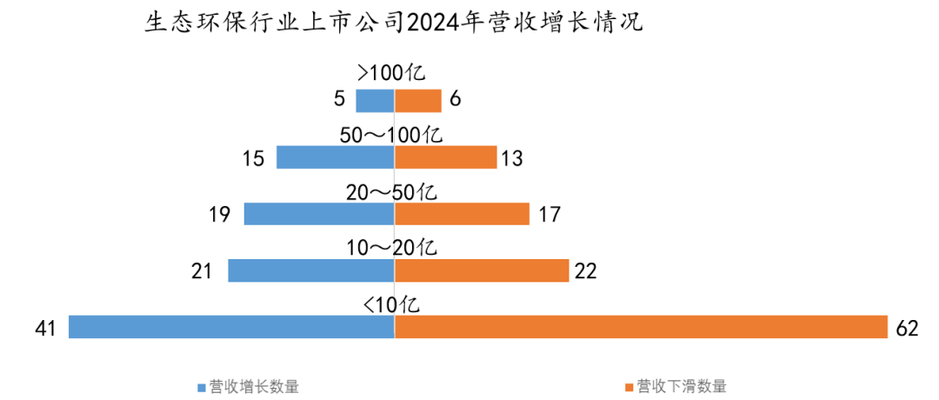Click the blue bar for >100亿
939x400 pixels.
pos(375,101)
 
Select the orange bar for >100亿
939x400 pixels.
pos(418,101)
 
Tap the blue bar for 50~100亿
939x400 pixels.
pos(335,157)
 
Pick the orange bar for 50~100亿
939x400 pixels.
pos(445,157)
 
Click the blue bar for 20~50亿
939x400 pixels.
pos(319,214)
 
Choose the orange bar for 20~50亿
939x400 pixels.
pos(462,214)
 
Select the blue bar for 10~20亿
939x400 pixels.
pos(311,270)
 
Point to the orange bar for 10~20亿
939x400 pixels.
pos(482,270)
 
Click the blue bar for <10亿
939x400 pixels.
pos(231,327)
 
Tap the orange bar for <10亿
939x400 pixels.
pos(641,327)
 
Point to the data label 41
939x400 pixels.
pos(46,328)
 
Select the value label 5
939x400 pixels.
pos(339,100)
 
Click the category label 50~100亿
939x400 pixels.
pos(391,135)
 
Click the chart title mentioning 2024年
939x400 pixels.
pos(393,23)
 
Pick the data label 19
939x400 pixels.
pos(220,214)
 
